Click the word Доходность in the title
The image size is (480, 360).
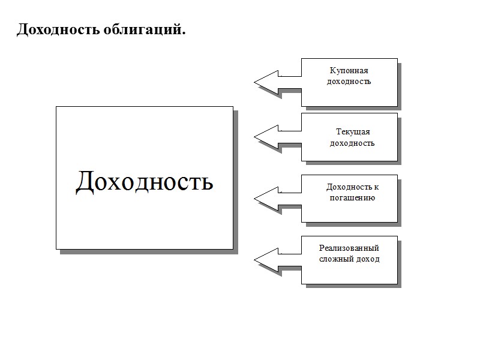[x=53, y=29]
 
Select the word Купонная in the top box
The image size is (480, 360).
[x=349, y=71]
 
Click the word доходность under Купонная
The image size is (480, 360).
[x=349, y=81]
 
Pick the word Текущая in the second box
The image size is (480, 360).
[x=353, y=132]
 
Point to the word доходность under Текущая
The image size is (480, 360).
[x=353, y=143]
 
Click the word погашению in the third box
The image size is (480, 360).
[x=353, y=197]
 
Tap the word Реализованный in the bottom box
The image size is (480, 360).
[x=349, y=248]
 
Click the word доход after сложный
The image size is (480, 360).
[x=368, y=259]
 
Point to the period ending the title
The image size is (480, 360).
[x=184, y=33]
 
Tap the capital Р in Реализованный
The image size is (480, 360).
[x=322, y=248]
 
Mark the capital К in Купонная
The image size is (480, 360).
[x=332, y=71]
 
